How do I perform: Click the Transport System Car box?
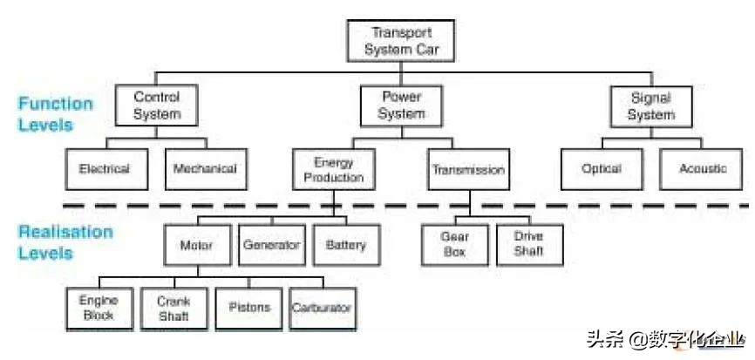(401, 40)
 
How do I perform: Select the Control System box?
(157, 105)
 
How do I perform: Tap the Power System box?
(402, 105)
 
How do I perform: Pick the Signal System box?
(651, 105)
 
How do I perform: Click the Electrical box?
(104, 169)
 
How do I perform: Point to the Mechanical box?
(205, 169)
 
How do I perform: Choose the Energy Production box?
(333, 170)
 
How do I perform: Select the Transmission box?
(468, 170)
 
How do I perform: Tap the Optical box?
(602, 169)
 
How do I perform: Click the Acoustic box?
(702, 169)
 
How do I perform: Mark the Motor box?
(196, 245)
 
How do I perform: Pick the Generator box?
(271, 245)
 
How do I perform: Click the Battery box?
(346, 245)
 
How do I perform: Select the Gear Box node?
(454, 244)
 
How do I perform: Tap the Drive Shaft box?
(528, 244)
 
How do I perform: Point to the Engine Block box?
(99, 309)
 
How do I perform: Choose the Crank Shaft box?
(173, 309)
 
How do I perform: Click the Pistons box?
(248, 308)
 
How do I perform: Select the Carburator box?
(322, 308)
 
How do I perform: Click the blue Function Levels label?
(55, 114)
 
